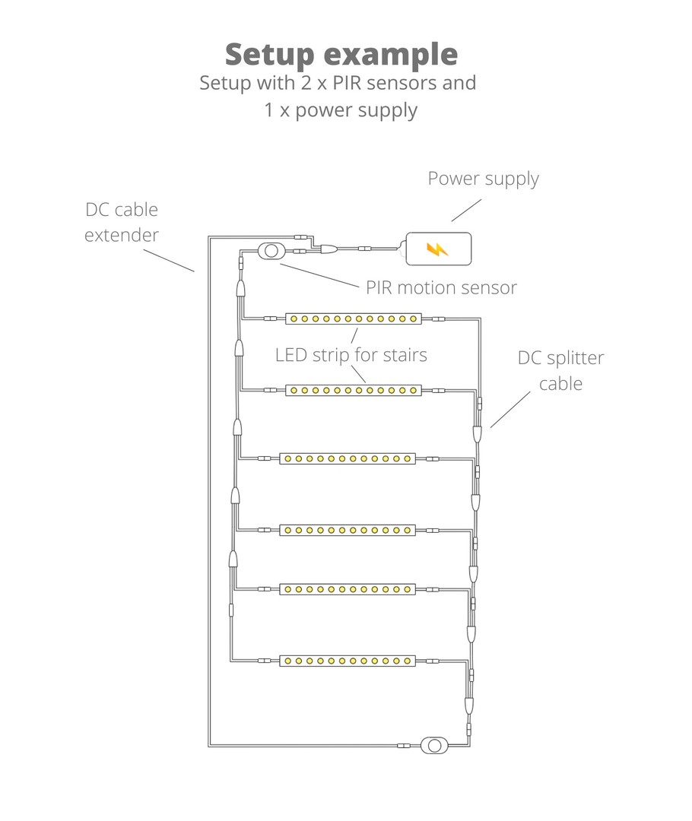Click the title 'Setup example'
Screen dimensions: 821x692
click(341, 55)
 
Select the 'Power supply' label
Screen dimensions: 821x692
click(483, 179)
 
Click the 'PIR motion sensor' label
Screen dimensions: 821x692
click(441, 287)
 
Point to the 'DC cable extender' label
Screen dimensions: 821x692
click(122, 222)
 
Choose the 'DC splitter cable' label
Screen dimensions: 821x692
click(561, 370)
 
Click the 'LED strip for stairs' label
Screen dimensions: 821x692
click(351, 354)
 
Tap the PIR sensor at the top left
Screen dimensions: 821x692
click(269, 250)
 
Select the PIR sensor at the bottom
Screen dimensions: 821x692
click(434, 744)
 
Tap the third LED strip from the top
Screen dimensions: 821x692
click(348, 459)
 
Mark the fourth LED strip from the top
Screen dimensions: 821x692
click(348, 529)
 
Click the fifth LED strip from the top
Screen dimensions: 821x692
click(348, 589)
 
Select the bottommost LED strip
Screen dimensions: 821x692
click(348, 661)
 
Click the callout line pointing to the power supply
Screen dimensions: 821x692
click(466, 211)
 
